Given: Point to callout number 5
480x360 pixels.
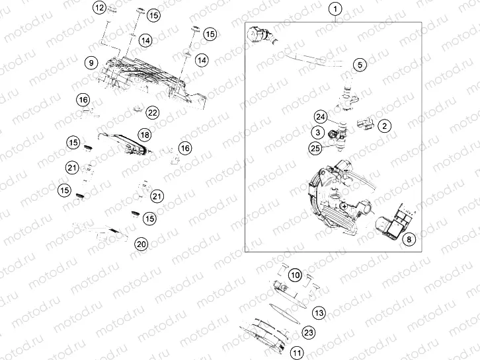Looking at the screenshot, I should click(x=359, y=65).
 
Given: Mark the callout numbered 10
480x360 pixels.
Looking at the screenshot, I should click(x=295, y=274).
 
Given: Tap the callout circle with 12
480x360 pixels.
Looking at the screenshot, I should click(x=99, y=9).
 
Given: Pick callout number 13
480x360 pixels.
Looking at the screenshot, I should click(x=319, y=312).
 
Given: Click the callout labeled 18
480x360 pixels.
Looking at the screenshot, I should click(x=144, y=134).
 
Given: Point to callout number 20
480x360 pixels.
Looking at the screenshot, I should click(x=141, y=244).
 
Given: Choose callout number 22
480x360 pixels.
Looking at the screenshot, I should click(x=153, y=112).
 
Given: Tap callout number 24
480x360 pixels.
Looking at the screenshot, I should click(x=321, y=117).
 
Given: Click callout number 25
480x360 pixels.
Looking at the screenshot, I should click(x=315, y=148).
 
